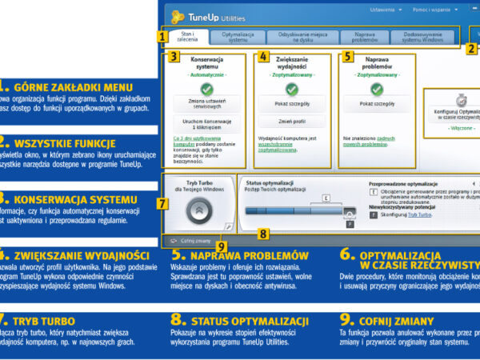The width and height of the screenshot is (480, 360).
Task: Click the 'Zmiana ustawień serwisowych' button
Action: (206, 104)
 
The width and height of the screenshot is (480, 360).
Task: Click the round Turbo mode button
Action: (198, 210)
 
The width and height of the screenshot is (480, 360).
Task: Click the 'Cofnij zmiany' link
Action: (194, 239)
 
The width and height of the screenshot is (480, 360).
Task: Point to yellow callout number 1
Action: (162, 36)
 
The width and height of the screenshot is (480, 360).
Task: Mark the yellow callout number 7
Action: (162, 204)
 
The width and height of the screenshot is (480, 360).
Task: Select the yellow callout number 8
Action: (263, 234)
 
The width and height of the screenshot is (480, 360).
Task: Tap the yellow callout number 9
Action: (222, 246)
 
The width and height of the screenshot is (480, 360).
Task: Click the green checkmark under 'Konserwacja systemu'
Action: (206, 89)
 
